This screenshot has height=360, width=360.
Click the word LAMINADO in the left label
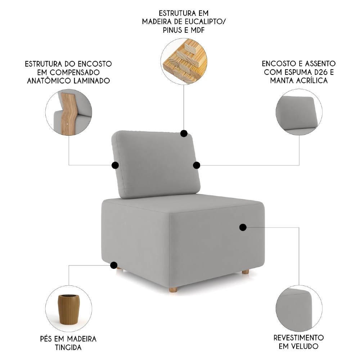pos(91,81)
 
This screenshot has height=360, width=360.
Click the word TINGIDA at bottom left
pos(68,347)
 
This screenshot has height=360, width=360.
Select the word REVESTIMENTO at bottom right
pos(298,338)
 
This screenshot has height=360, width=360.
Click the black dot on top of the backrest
pos(184,134)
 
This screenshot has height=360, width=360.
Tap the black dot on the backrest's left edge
pos(115,165)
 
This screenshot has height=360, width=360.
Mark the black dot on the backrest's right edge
pos(197,165)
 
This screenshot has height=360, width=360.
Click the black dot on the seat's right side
pos(243,227)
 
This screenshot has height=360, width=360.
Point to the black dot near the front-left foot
pos(114,266)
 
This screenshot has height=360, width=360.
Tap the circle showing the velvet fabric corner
pos(298,309)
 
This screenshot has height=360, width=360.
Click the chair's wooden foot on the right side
pos(245,271)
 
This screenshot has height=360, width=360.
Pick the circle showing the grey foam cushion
pos(299,113)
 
